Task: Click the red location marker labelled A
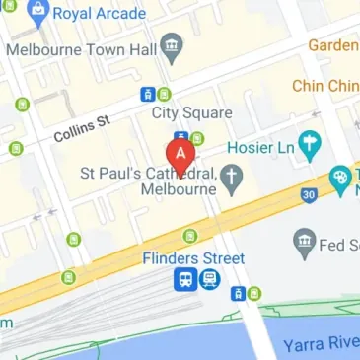point(181,154)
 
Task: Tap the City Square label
point(191,112)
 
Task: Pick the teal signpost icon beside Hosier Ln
point(311,146)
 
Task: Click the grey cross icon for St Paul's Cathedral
point(232,179)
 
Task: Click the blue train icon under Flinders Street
point(184,280)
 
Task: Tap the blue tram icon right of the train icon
point(208,280)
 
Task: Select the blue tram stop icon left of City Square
point(148,95)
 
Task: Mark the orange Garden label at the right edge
point(333,45)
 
